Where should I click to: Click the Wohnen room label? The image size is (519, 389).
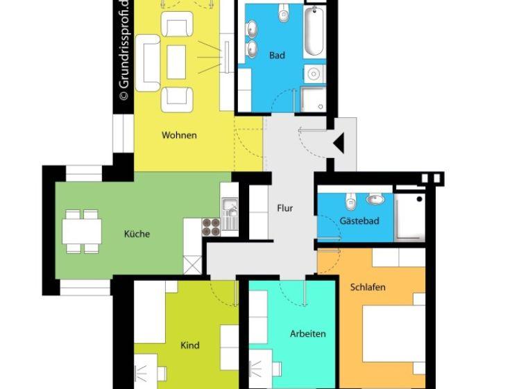179,135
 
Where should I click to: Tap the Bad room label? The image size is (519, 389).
277,55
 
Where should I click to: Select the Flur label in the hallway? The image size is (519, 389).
285,208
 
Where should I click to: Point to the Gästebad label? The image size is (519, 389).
359,221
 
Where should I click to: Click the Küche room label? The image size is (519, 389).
137,234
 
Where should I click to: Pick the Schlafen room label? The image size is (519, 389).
368,287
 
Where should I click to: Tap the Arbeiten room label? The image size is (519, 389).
308,334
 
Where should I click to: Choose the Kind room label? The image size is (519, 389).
190,345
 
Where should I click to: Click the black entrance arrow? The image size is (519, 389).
339,143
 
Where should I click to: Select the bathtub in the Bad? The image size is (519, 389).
314,31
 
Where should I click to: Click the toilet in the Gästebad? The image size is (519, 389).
350,200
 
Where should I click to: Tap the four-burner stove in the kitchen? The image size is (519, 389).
211,227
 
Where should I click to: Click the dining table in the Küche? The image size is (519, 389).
82,231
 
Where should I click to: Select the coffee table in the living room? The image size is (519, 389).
176,62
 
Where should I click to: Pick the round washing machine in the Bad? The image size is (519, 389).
314,74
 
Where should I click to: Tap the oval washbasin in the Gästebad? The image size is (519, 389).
375,199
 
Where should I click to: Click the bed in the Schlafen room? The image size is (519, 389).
394,334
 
